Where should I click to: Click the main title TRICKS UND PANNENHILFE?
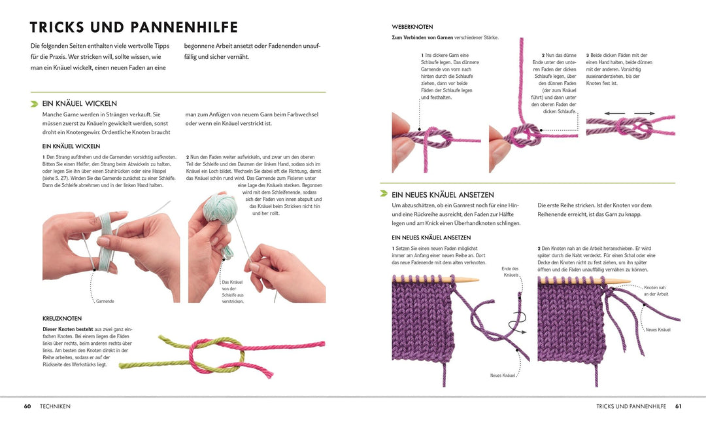(x=134, y=27)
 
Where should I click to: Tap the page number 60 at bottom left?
(x=27, y=406)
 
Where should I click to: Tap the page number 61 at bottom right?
(x=679, y=406)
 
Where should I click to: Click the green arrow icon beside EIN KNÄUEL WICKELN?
(x=34, y=103)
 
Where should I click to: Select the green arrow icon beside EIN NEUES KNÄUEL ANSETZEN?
(x=384, y=194)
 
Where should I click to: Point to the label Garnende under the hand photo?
(x=105, y=302)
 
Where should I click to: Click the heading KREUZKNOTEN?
(x=62, y=318)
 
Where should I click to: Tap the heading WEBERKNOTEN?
(x=412, y=27)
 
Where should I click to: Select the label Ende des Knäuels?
(x=510, y=272)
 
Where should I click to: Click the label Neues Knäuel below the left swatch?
(x=503, y=375)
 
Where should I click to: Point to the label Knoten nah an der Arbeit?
(x=656, y=290)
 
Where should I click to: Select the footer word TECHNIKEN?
(x=55, y=406)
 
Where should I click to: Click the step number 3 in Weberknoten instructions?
(x=587, y=55)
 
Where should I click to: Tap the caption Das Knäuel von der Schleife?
(x=233, y=292)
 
